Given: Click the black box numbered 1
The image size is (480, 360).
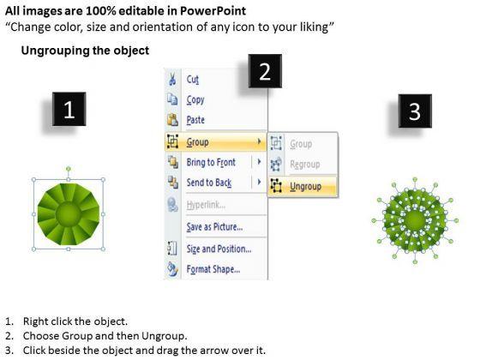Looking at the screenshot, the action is pos(69,109).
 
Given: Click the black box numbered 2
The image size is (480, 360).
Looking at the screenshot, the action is pos(265,71).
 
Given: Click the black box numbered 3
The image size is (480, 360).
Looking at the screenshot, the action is pos(415,111).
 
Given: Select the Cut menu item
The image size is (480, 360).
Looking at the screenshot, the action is pos(193,80).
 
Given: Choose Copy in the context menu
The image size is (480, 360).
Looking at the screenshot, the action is pos(195,99).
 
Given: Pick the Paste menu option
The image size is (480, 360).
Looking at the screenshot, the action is pos(195,120).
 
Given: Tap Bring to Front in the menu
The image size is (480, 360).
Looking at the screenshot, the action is pos(211,162).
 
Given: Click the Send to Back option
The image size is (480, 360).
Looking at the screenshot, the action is pos(209,183).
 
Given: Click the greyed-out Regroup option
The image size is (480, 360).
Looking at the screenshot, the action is pos(305,165).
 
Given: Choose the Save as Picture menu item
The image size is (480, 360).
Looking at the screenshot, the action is pos(214,227).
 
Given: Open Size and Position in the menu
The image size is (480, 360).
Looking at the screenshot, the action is pos(219,249).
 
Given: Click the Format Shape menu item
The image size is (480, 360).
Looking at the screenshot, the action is pos(213,269).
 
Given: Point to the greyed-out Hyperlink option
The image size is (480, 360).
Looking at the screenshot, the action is pos(206,205).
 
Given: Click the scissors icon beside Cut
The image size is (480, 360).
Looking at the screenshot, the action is pos(172,79).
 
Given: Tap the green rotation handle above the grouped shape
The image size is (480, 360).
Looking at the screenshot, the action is pos(69,169).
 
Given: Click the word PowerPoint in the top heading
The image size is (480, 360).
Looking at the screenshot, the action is pos(213,11).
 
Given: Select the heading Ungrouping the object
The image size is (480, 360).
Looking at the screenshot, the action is pos(85,51).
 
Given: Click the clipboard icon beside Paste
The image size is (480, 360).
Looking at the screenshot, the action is pos(172,120).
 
